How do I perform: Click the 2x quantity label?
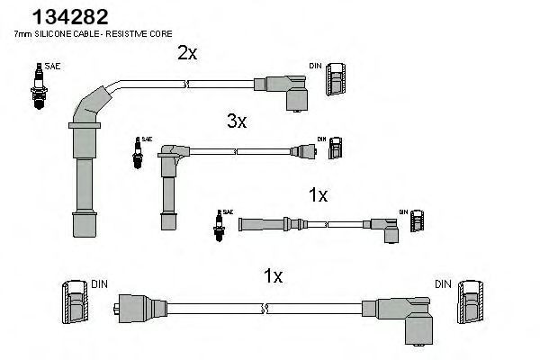tap(187, 53)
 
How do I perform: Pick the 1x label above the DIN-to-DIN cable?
tap(274, 275)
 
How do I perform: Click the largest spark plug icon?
tap(37, 86)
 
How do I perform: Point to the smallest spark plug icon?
tap(218, 226)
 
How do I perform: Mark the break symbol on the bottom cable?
tap(262, 309)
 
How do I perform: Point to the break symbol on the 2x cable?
tap(184, 85)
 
